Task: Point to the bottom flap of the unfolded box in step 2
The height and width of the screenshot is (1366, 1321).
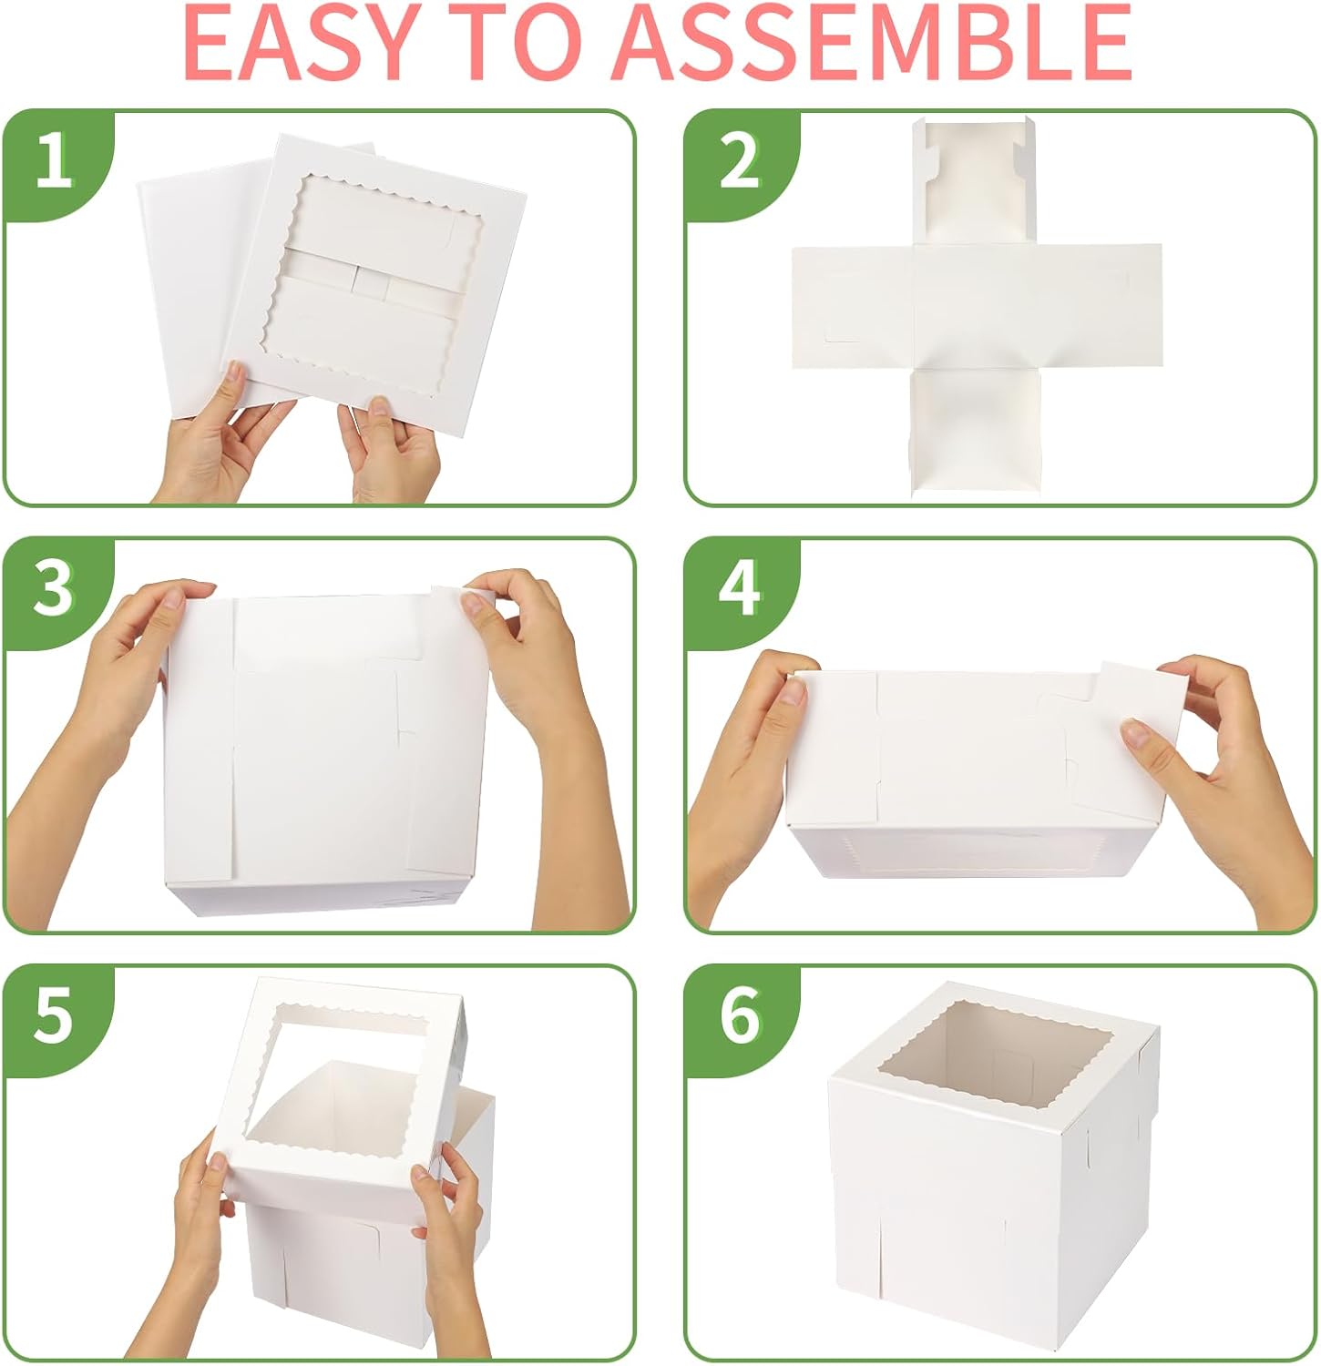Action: (975, 428)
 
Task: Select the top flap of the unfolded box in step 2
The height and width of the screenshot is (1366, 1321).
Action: (975, 182)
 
